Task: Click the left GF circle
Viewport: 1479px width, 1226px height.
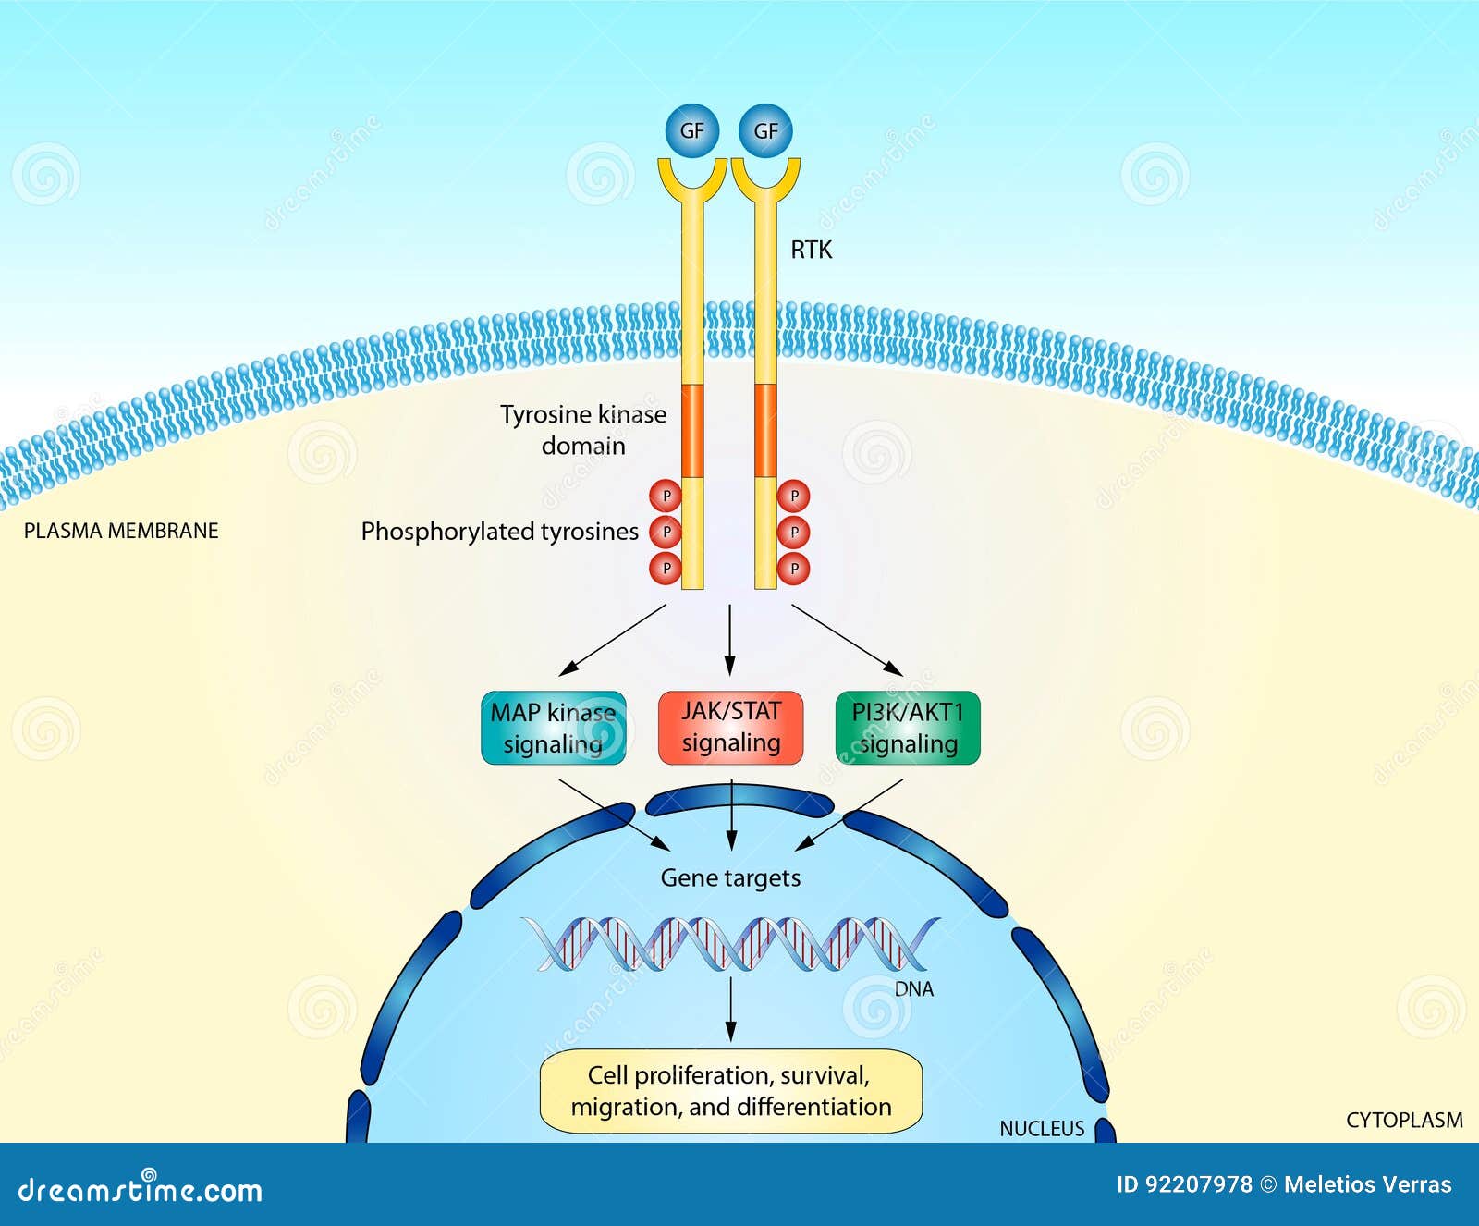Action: pyautogui.click(x=691, y=131)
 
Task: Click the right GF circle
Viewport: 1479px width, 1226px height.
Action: pyautogui.click(x=765, y=131)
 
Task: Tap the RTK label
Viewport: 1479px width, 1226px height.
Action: pyautogui.click(x=811, y=250)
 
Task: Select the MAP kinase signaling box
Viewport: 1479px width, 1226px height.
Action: pyautogui.click(x=553, y=729)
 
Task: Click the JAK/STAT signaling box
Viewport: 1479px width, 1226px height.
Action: pyautogui.click(x=730, y=728)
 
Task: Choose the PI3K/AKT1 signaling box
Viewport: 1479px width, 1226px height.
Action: pyautogui.click(x=907, y=729)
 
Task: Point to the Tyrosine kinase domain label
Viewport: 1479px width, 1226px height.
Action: pyautogui.click(x=583, y=430)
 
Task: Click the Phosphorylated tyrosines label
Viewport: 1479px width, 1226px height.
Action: pyautogui.click(x=499, y=532)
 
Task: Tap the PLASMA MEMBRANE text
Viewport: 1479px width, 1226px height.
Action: pyautogui.click(x=121, y=531)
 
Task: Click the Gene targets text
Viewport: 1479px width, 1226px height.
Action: pyautogui.click(x=730, y=877)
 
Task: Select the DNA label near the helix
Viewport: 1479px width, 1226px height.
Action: pyautogui.click(x=913, y=989)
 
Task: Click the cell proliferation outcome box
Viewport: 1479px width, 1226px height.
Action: pyautogui.click(x=730, y=1091)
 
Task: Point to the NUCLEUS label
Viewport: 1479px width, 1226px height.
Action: pyautogui.click(x=1042, y=1129)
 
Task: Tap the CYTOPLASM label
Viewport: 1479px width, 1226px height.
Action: pyautogui.click(x=1403, y=1121)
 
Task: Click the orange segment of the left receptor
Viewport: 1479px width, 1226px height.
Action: pyautogui.click(x=692, y=431)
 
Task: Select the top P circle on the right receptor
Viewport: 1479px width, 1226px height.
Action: pyautogui.click(x=793, y=497)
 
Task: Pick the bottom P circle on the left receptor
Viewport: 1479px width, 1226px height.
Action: pyautogui.click(x=666, y=568)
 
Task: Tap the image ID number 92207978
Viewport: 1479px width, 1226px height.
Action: pyautogui.click(x=1198, y=1184)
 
